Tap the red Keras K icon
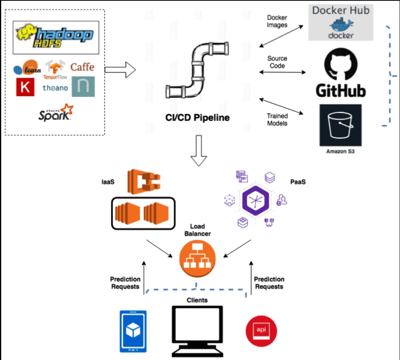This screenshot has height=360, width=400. pos(25,87)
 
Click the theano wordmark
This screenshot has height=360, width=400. pos(55,88)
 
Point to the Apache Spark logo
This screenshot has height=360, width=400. pos(56,113)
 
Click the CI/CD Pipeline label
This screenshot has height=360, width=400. pos(197,118)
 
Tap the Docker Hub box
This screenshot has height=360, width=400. pos(340,22)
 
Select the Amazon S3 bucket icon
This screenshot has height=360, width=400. pos(340,125)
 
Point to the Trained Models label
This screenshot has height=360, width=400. pos(277,119)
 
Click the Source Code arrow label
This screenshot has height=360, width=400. pos(277,62)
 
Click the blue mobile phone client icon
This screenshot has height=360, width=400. pos(133,331)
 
